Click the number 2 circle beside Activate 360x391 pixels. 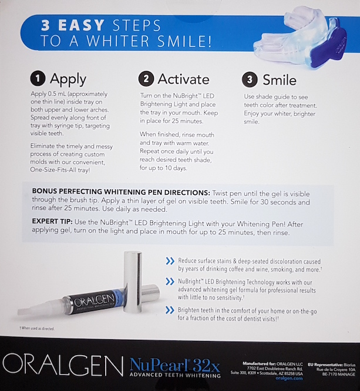pos(146,79)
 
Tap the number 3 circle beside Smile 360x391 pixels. pos(249,79)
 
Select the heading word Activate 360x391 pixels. pos(183,79)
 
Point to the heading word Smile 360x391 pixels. pos(279,79)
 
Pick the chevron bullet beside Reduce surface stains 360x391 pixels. pos(170,260)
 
